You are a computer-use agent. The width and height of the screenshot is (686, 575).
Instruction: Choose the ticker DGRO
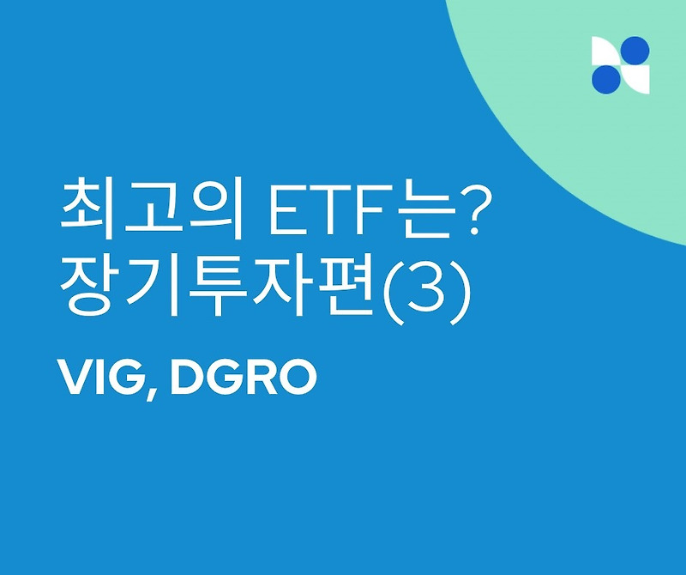244,378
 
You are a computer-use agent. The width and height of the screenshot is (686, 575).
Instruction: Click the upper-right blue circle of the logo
635,51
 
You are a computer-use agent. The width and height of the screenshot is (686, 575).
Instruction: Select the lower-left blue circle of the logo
605,79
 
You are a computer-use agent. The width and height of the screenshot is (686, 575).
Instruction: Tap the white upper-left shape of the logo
605,51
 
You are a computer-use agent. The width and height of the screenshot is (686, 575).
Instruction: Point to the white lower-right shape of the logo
635,79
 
